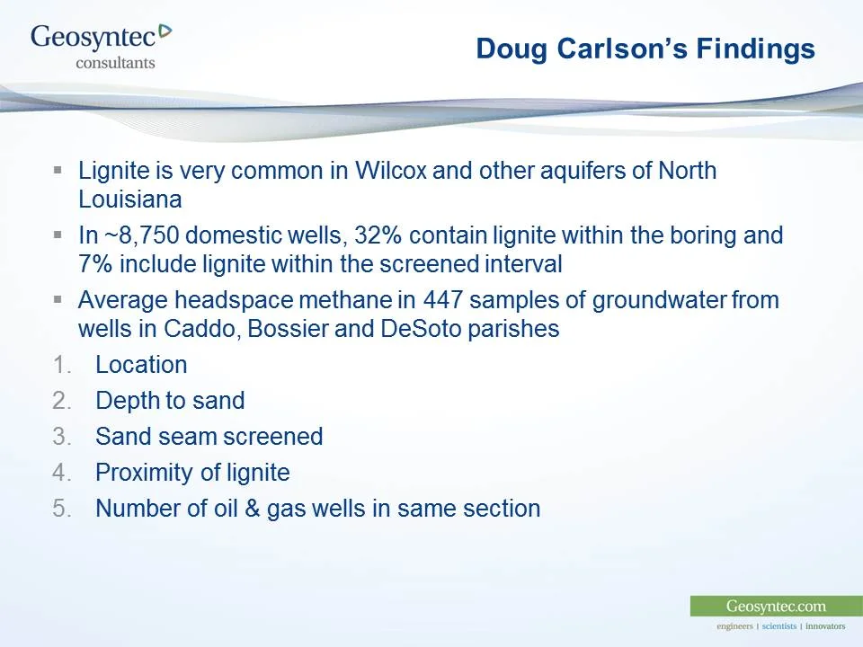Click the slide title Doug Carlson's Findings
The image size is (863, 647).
click(x=645, y=49)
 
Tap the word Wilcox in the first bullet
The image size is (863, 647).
click(x=380, y=170)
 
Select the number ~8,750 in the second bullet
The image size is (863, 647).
click(x=143, y=235)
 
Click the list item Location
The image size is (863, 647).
click(x=141, y=365)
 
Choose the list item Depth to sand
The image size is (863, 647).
click(x=170, y=401)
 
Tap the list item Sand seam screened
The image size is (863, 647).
click(x=209, y=437)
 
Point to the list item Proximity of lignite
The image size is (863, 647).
click(x=192, y=473)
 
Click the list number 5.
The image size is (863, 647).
click(x=61, y=509)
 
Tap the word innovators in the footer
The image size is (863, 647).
click(x=825, y=626)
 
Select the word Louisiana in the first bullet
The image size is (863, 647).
click(x=130, y=199)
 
